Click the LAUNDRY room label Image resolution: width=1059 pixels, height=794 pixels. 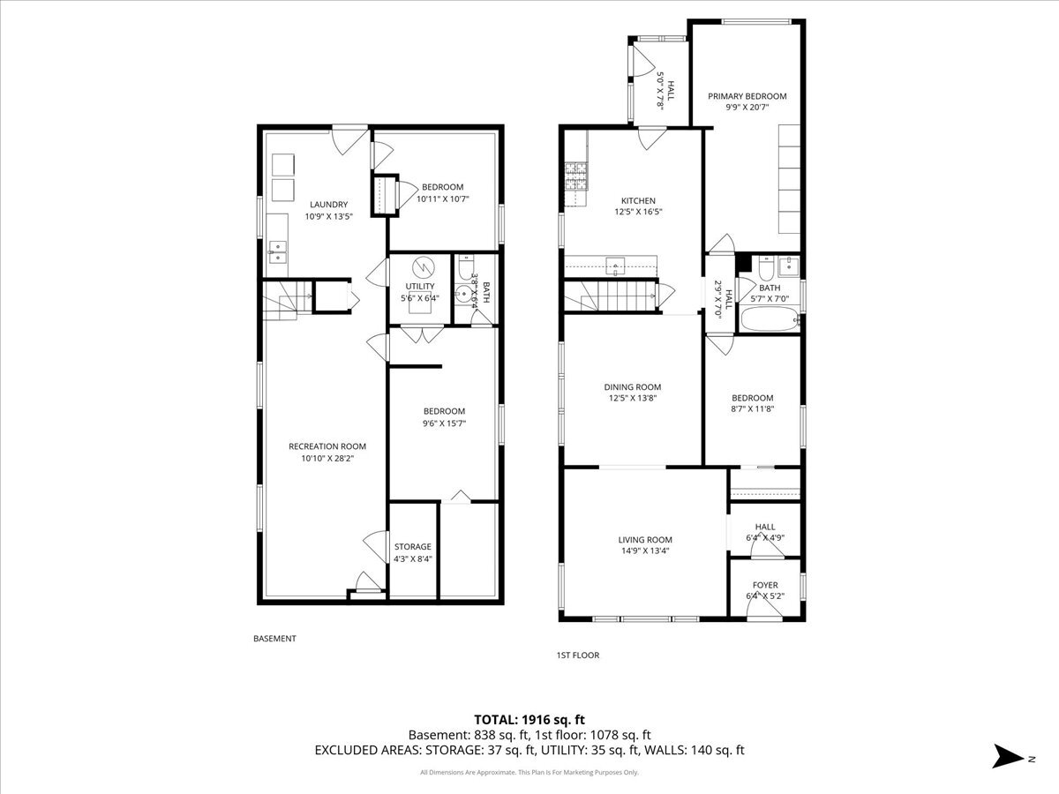tap(327, 205)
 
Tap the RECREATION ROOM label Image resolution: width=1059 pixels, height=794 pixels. tap(327, 446)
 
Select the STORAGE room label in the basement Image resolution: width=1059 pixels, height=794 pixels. tap(412, 547)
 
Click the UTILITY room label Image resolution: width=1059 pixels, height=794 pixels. tap(419, 287)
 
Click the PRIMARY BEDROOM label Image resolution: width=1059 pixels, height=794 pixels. tap(747, 96)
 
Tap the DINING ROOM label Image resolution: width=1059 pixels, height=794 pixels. tap(632, 386)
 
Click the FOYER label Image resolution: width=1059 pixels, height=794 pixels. tap(765, 586)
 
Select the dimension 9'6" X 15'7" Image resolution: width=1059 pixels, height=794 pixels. tap(443, 423)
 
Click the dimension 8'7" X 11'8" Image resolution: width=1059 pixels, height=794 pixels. tap(752, 409)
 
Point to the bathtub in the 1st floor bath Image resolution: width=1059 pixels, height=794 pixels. tap(768, 319)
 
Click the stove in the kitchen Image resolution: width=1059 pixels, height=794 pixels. tap(575, 176)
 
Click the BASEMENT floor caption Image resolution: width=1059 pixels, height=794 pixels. tap(274, 639)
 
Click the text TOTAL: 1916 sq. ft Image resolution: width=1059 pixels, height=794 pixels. tap(529, 718)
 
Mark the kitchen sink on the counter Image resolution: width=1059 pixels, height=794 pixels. tap(615, 262)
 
